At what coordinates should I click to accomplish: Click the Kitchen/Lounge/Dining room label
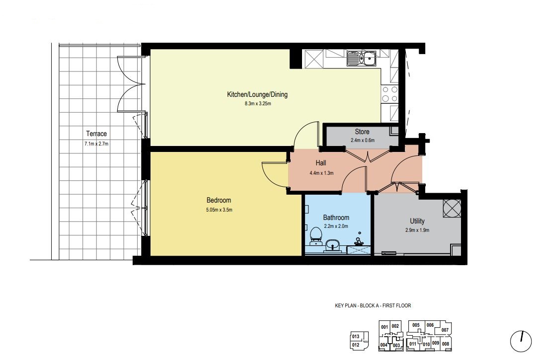(x=257, y=94)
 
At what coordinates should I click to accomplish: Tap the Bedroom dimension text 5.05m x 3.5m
(x=219, y=210)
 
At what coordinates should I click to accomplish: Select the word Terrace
(x=96, y=134)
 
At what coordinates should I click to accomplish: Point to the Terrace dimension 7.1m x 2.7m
(x=96, y=144)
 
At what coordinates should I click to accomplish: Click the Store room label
(x=362, y=132)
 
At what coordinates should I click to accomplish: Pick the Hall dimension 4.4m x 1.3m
(x=321, y=173)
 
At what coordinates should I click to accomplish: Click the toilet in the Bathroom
(x=315, y=236)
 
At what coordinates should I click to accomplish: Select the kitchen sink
(x=362, y=58)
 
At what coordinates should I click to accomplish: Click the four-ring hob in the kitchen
(x=390, y=94)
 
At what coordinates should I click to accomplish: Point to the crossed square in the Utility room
(x=452, y=208)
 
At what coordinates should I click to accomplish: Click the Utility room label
(x=417, y=221)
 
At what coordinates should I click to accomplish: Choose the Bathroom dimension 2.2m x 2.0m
(x=336, y=226)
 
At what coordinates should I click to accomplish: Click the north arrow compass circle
(x=521, y=341)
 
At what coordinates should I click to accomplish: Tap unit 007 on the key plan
(x=445, y=330)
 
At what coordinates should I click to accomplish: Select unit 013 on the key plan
(x=356, y=336)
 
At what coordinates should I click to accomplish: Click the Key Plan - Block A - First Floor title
(x=373, y=305)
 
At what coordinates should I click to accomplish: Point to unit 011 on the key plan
(x=413, y=344)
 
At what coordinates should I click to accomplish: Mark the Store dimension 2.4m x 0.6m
(x=362, y=141)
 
